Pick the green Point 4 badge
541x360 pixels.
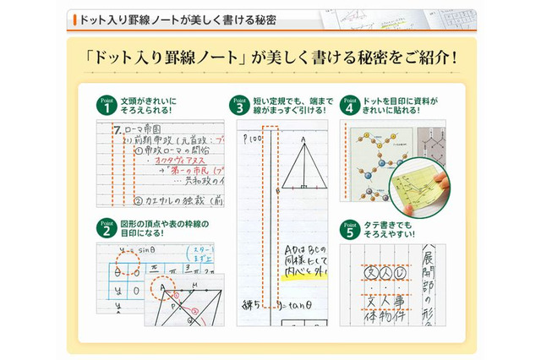[x=348, y=105]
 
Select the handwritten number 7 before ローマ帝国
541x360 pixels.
[x=117, y=130]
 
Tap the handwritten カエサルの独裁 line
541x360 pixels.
[x=172, y=200]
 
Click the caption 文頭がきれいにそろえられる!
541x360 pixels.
[x=147, y=105]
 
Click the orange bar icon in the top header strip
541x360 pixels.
[x=74, y=19]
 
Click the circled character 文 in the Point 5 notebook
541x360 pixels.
[x=369, y=272]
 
